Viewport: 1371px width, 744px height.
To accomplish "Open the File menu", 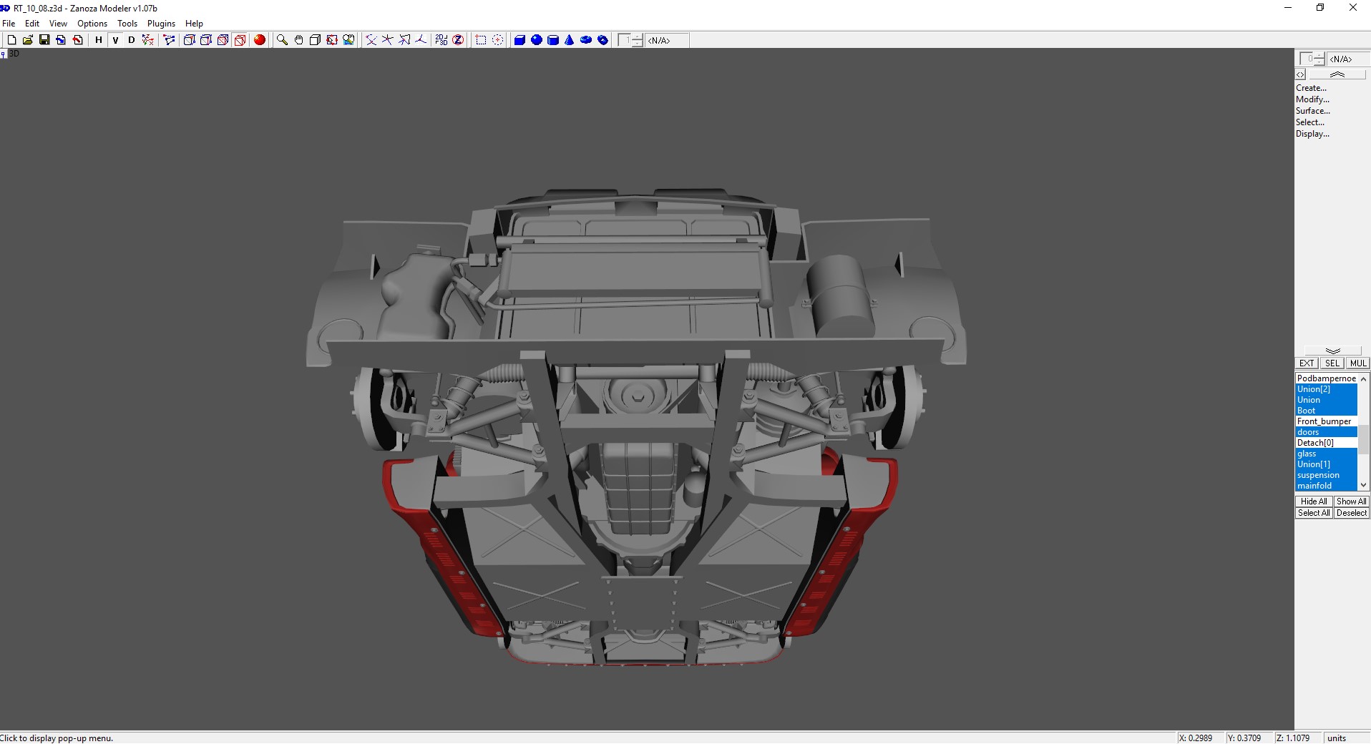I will click(x=9, y=24).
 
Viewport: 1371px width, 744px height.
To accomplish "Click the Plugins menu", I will click(x=161, y=24).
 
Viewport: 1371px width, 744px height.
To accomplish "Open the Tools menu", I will click(x=127, y=24).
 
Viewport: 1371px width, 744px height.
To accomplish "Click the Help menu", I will click(x=194, y=24).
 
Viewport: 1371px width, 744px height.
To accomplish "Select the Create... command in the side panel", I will click(x=1311, y=88).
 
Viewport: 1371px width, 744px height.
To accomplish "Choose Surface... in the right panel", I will click(x=1312, y=111).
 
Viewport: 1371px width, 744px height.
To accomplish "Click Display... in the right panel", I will click(x=1312, y=134).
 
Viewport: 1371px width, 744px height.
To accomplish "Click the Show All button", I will click(x=1351, y=501).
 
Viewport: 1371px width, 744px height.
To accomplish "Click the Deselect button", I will click(x=1351, y=513).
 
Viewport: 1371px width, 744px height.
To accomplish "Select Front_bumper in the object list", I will click(x=1324, y=421).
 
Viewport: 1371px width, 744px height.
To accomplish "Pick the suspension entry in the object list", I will click(x=1318, y=475).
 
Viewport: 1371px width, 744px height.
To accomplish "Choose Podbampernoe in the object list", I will click(x=1326, y=378).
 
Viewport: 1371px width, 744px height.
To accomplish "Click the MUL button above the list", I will click(x=1358, y=363).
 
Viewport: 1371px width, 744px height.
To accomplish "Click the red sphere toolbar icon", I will click(x=260, y=40).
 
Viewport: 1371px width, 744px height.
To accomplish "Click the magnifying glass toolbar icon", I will click(x=282, y=40).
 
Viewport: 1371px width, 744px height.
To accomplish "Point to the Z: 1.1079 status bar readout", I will click(x=1292, y=738).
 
